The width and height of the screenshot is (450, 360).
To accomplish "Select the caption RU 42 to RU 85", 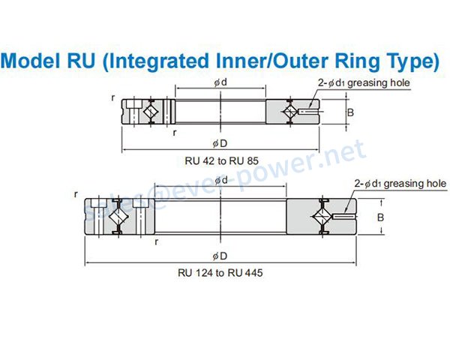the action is (x=221, y=160).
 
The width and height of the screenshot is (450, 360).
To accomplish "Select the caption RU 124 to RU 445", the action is (x=220, y=272).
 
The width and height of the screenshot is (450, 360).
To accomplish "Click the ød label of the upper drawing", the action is (x=220, y=82).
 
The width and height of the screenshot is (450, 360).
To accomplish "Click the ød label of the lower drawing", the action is (x=221, y=180).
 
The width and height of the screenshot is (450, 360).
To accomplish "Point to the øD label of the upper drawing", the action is (x=220, y=143).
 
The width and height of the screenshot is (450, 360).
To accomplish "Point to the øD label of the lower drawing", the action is (x=220, y=256).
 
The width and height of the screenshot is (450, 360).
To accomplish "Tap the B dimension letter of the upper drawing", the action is (x=350, y=112).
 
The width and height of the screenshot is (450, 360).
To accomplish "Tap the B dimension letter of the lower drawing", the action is (x=380, y=217).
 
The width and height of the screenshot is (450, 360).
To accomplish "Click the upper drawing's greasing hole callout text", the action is (x=364, y=83).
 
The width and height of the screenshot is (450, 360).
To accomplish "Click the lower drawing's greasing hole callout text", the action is (x=400, y=184).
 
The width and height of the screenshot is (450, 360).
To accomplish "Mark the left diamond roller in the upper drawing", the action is (x=150, y=112).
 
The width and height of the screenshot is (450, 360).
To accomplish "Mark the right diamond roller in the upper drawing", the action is (x=290, y=112).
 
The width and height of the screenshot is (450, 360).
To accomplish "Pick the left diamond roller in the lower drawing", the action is (x=118, y=216).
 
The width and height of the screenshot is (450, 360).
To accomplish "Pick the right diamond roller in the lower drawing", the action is (x=322, y=216).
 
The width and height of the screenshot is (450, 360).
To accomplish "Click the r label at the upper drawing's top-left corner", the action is (x=113, y=98).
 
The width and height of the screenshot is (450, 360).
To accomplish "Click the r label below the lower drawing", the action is (x=156, y=242).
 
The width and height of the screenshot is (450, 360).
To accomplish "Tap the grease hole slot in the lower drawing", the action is (x=344, y=217).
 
